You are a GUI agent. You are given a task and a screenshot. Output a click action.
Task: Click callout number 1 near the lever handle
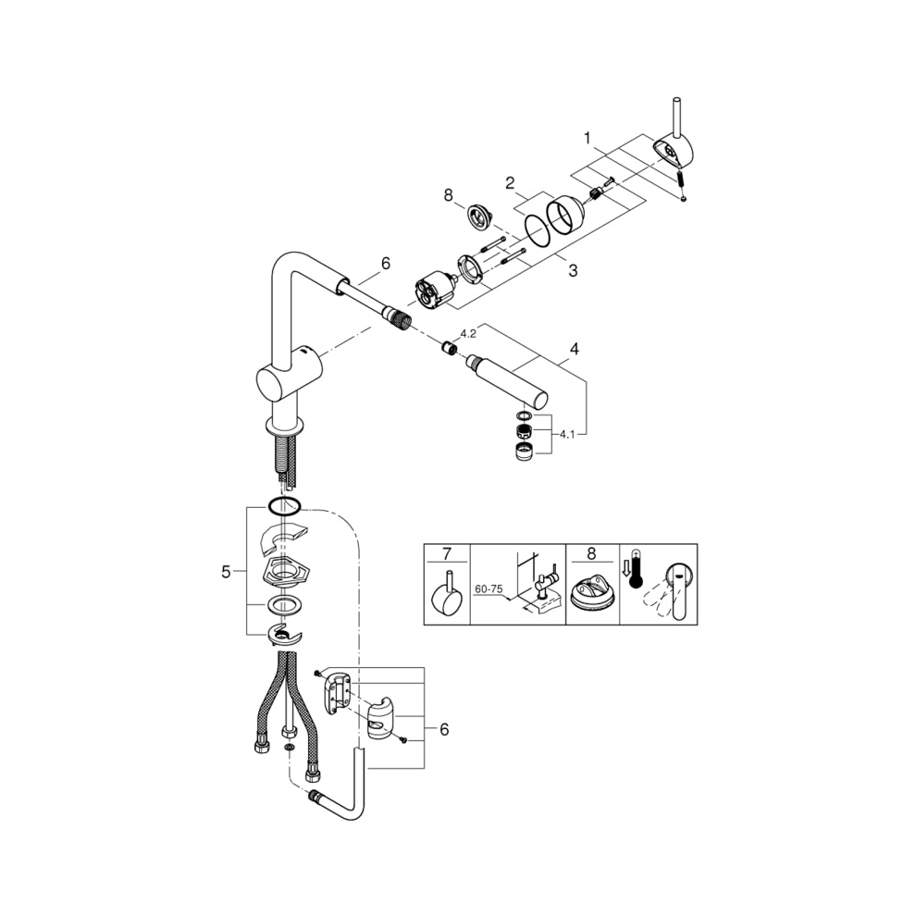click(588, 139)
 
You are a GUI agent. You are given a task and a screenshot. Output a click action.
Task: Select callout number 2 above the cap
click(510, 183)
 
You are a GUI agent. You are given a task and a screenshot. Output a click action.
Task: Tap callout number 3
click(573, 270)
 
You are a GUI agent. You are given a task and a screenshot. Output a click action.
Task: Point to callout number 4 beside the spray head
click(575, 350)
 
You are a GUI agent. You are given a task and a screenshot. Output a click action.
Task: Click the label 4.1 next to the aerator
click(567, 434)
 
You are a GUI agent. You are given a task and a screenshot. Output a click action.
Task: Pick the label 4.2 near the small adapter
click(468, 334)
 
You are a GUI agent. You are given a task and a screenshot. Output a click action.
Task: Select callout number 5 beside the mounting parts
click(226, 573)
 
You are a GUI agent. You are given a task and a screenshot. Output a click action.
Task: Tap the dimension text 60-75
click(489, 589)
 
